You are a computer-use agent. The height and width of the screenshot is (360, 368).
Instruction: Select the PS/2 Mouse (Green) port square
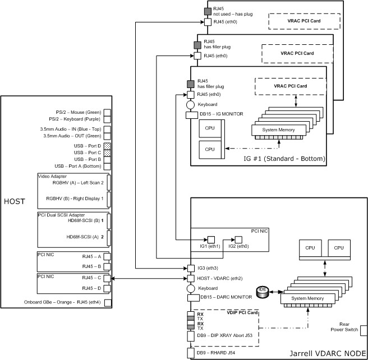[x=108, y=112]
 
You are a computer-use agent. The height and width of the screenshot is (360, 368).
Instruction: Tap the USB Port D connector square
[x=108, y=146]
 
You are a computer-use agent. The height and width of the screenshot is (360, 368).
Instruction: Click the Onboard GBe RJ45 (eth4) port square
[x=108, y=303]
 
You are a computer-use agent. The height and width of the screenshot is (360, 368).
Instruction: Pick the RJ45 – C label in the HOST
[x=91, y=278]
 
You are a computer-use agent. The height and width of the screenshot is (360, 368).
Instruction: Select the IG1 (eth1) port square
[x=211, y=239]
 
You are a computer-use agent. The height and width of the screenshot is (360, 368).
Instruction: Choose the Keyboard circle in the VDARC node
[x=190, y=288]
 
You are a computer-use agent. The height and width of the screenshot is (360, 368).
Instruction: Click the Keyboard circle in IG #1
[x=190, y=104]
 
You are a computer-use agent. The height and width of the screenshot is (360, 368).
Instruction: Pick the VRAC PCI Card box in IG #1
[x=290, y=86]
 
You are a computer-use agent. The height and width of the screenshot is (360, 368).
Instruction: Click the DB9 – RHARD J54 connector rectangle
[x=190, y=353]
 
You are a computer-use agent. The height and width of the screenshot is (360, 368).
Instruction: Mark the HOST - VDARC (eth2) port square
[x=190, y=279]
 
